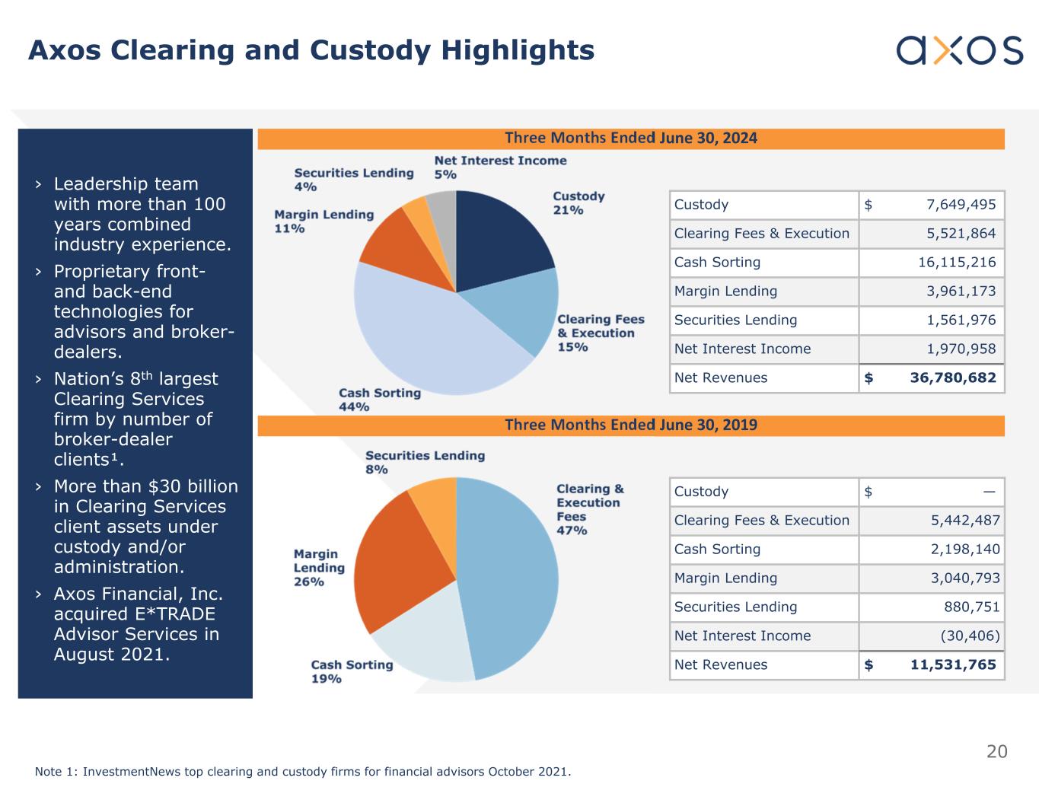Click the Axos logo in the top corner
(959, 50)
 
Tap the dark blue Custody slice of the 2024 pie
(499, 236)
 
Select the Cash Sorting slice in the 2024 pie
(426, 335)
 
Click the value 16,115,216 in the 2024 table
(956, 263)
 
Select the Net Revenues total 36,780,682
(952, 378)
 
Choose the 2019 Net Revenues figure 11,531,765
(952, 665)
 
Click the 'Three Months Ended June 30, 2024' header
(630, 139)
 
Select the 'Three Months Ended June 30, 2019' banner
(630, 425)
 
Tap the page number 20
(996, 752)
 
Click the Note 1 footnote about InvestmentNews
(302, 772)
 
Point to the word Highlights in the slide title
(518, 50)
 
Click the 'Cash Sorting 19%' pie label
(352, 671)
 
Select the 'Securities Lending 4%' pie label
(354, 180)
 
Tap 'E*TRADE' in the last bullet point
(173, 614)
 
